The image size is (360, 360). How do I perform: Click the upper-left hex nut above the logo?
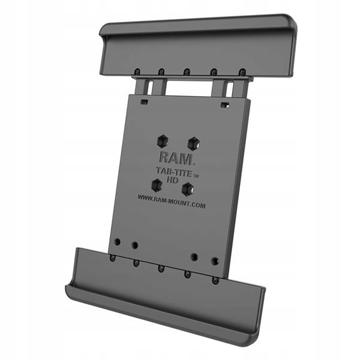tap(161, 140)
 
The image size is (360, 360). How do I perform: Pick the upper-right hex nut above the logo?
tap(193, 144)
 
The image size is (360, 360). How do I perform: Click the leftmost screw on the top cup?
tap(137, 72)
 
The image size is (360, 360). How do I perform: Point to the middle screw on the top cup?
tap(187, 72)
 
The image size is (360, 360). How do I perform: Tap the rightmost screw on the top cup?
tap(242, 72)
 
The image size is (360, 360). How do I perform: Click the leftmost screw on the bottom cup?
tap(113, 258)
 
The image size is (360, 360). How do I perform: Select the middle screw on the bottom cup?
tap(161, 268)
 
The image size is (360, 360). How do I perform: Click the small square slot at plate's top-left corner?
tap(144, 102)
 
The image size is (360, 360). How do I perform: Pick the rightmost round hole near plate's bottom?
tap(215, 261)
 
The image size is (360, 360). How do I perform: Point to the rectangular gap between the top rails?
tap(187, 88)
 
